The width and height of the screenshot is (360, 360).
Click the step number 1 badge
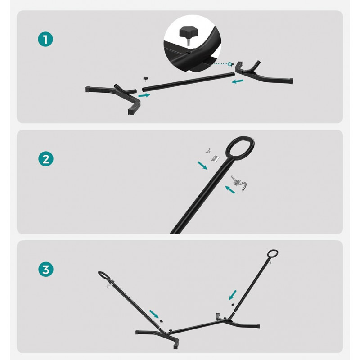click(x=45, y=39)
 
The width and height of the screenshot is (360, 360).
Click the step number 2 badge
click(x=46, y=159)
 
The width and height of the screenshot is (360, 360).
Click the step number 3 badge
click(x=46, y=269)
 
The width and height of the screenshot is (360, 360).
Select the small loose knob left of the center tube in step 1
click(x=145, y=79)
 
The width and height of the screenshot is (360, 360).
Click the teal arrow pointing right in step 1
click(x=144, y=95)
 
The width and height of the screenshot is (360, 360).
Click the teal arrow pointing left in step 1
click(x=238, y=81)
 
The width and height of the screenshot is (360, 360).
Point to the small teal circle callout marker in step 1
click(x=229, y=64)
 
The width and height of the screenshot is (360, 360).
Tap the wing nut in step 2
click(x=208, y=151)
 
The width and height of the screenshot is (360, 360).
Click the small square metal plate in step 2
click(x=216, y=159)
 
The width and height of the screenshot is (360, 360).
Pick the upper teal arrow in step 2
click(x=202, y=165)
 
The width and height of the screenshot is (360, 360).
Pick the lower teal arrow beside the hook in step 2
click(x=230, y=189)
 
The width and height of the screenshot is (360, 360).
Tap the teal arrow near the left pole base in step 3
click(x=154, y=314)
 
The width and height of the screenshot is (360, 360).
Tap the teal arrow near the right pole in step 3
click(x=233, y=295)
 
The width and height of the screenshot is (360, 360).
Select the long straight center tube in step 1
click(x=188, y=82)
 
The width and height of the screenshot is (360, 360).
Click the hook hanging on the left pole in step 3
click(x=109, y=286)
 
